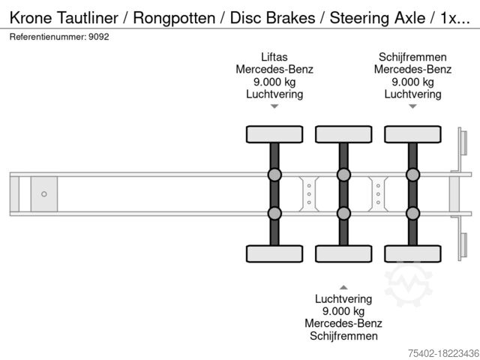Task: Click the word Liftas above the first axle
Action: (x=274, y=56)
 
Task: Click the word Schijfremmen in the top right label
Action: (x=412, y=56)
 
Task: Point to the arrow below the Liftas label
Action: (x=274, y=106)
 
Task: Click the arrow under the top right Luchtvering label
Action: (x=412, y=106)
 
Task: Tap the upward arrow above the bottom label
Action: (x=343, y=287)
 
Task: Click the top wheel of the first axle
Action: (x=274, y=134)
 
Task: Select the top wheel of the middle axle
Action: (x=343, y=134)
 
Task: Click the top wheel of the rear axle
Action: (x=412, y=134)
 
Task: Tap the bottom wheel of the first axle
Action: (x=274, y=253)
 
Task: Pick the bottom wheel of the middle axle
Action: (x=343, y=253)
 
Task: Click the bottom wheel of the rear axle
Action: (x=412, y=253)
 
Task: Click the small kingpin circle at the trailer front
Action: (x=43, y=194)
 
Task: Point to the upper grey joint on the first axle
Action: (x=274, y=175)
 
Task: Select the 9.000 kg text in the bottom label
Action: (x=343, y=311)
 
